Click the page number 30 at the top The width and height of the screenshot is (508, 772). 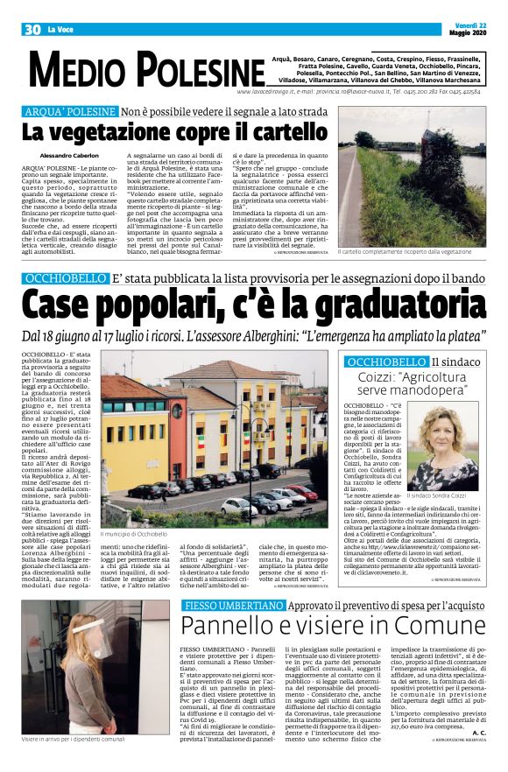click(32, 30)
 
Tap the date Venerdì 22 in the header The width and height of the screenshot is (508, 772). click(473, 24)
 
